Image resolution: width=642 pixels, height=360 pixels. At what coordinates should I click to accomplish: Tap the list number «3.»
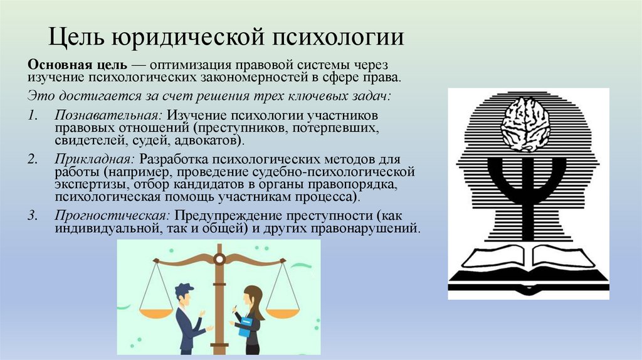pyautogui.click(x=33, y=214)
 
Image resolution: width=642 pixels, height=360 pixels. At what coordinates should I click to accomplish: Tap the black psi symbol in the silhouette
pyautogui.click(x=527, y=188)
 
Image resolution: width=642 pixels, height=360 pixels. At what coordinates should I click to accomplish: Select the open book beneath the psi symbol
pyautogui.click(x=527, y=257)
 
